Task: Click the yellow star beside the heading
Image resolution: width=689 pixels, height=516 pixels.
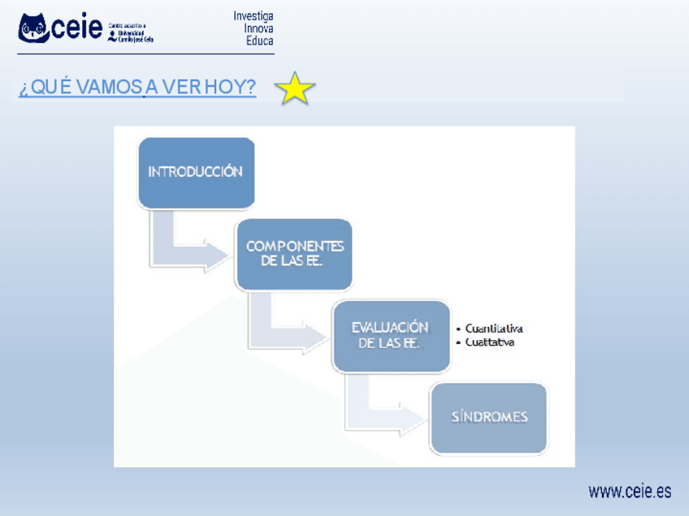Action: coord(295,88)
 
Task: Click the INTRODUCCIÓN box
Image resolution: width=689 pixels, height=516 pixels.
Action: coord(196,172)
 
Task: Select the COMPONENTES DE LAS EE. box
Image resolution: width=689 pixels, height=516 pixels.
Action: coord(294,253)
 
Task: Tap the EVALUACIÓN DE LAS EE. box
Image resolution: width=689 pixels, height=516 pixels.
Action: coord(391,335)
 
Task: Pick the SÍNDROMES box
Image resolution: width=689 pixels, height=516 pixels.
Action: coord(489,417)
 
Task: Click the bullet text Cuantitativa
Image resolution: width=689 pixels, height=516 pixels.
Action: coord(494,329)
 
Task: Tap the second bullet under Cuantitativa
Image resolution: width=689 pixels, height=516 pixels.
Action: coord(490,342)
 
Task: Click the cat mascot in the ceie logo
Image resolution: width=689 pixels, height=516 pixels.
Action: coord(35,30)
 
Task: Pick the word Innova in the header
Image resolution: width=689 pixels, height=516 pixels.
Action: coord(258,28)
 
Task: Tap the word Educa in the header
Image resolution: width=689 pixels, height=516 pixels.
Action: coord(260,41)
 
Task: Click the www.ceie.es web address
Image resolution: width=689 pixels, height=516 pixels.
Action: coord(630,492)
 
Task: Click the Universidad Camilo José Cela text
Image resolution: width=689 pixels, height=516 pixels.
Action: coord(135,36)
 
